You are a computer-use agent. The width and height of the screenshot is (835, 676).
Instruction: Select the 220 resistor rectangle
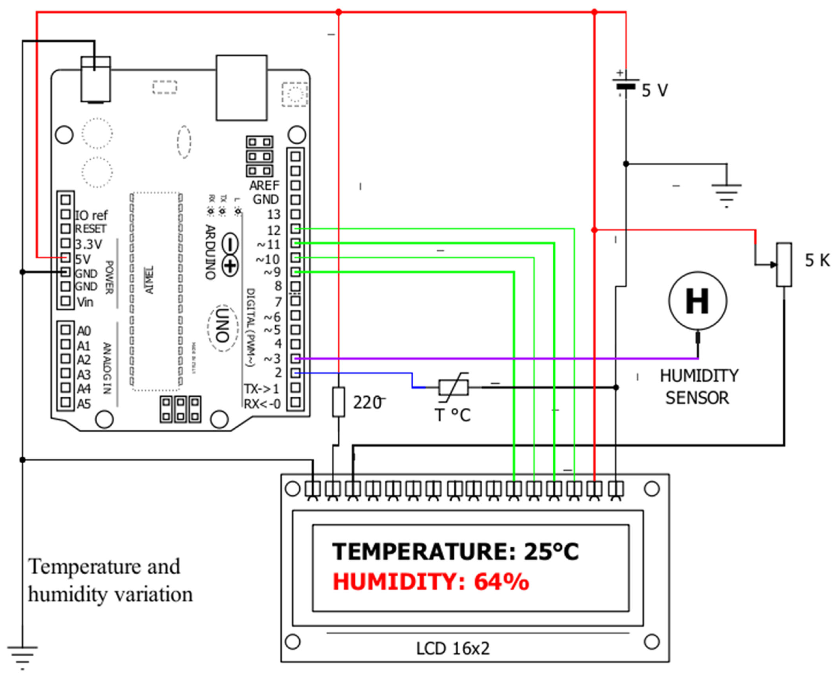338,402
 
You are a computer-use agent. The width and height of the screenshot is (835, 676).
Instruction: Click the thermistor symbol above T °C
453,388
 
